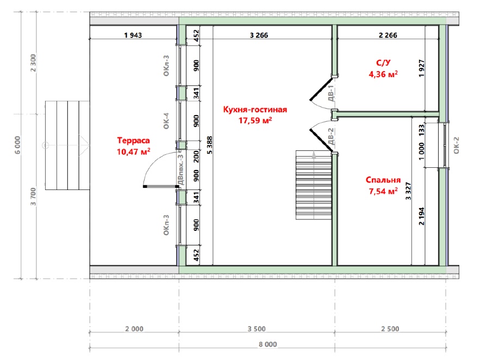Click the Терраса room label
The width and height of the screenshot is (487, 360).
click(x=134, y=141)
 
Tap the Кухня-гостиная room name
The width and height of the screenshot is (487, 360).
click(x=255, y=110)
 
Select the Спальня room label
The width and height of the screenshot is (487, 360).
click(x=383, y=180)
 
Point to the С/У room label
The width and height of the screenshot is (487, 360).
click(x=383, y=62)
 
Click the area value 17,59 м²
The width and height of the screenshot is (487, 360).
click(x=255, y=121)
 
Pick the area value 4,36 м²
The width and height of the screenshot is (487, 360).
click(x=383, y=74)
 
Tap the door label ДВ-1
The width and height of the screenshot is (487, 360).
click(x=331, y=93)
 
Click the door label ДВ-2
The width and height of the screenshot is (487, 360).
click(x=331, y=136)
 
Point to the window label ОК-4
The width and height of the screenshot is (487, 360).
click(x=166, y=121)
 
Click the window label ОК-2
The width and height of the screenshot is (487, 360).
click(x=456, y=146)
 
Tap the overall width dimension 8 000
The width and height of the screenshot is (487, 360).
click(x=268, y=344)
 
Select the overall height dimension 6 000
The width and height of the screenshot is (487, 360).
click(x=17, y=145)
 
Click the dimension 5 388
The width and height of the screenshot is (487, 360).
click(x=210, y=145)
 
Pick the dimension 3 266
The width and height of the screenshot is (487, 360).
click(x=259, y=35)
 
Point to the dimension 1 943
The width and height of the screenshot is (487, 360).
click(x=133, y=35)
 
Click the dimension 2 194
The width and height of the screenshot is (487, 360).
click(x=421, y=216)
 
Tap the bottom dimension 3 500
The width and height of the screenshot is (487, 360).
click(x=257, y=329)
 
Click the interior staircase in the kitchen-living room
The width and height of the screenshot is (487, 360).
click(x=314, y=185)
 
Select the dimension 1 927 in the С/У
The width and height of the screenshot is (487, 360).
click(x=421, y=68)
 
